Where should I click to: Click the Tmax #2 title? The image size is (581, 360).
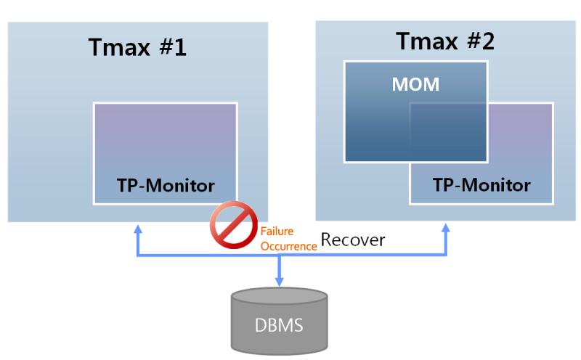[x=445, y=41]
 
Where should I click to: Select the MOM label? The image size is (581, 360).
[x=415, y=84]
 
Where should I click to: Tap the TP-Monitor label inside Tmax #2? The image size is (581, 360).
[x=482, y=184]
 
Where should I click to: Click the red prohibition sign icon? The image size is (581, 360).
[x=234, y=226]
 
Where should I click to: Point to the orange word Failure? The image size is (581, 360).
[x=277, y=233]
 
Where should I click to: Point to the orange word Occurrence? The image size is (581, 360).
[x=288, y=246]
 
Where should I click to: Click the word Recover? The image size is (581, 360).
[x=353, y=240]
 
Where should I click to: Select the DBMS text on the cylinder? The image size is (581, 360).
[x=279, y=325]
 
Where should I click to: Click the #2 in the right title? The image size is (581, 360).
[x=479, y=41]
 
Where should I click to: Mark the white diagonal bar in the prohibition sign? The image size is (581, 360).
[x=234, y=226]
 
